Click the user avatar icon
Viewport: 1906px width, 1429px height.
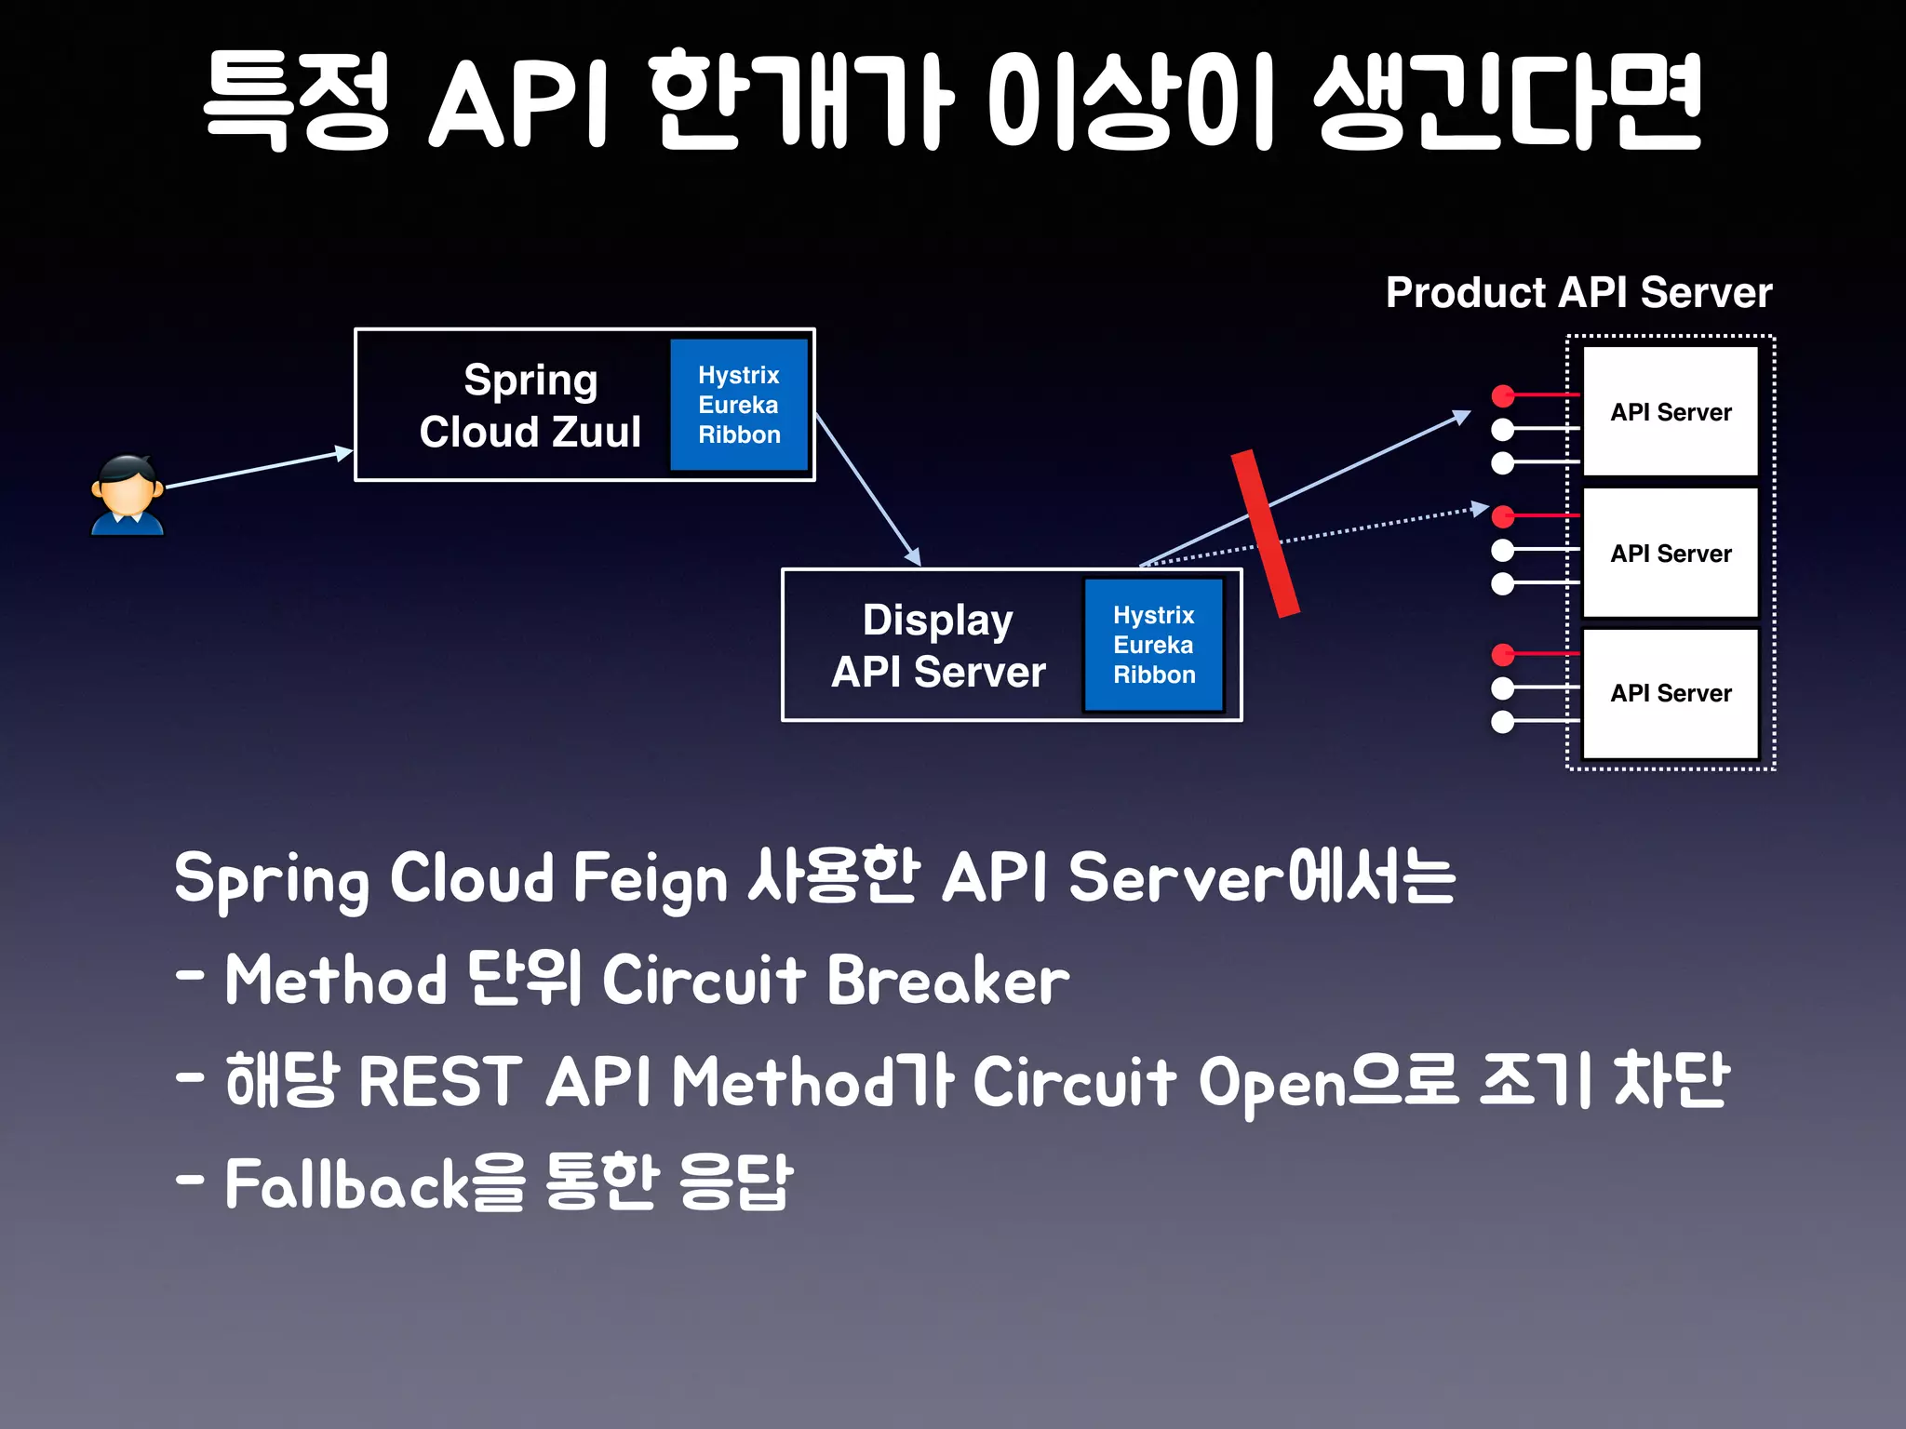(x=128, y=495)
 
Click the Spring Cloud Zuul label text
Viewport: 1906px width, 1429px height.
(x=530, y=406)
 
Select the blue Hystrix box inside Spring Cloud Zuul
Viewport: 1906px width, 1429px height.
(x=739, y=405)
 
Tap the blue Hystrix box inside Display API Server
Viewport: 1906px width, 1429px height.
(x=1153, y=645)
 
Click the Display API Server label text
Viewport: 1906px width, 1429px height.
(x=938, y=646)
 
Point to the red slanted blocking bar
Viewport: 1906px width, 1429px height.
(x=1265, y=534)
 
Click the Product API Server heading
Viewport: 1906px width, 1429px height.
(x=1578, y=292)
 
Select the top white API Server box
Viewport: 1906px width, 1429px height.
(x=1671, y=411)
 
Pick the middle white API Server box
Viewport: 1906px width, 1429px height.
(x=1671, y=553)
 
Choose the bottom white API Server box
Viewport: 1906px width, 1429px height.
(x=1671, y=693)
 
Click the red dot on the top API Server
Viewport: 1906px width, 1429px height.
(x=1502, y=396)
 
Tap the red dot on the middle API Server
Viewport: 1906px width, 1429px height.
(x=1502, y=516)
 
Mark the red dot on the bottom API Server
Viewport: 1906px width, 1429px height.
(x=1502, y=655)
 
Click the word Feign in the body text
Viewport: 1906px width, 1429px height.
(x=650, y=878)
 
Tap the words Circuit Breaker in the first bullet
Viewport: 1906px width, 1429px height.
(x=836, y=981)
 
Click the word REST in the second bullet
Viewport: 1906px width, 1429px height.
(x=439, y=1082)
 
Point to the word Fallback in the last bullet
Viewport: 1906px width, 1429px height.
(x=347, y=1184)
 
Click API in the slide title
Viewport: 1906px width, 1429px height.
(x=517, y=102)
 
